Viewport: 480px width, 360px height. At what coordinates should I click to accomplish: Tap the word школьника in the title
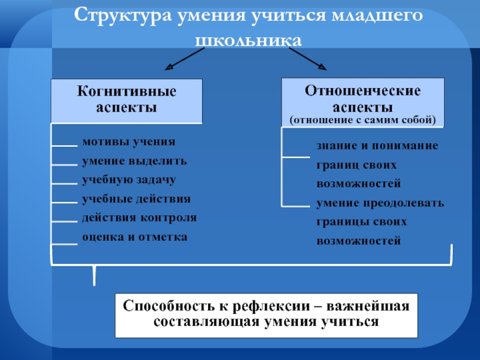pyautogui.click(x=248, y=40)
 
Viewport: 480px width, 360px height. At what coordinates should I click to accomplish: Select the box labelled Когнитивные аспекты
pyautogui.click(x=127, y=100)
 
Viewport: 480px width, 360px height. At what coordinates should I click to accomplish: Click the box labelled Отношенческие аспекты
pyautogui.click(x=363, y=102)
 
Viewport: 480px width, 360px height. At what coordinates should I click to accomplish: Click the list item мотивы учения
pyautogui.click(x=129, y=143)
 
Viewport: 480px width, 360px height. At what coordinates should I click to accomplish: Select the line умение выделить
pyautogui.click(x=134, y=161)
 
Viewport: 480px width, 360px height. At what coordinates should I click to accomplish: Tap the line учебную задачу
pyautogui.click(x=129, y=180)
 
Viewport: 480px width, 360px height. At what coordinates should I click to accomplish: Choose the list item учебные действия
pyautogui.click(x=136, y=199)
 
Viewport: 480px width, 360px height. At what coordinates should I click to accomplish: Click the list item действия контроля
pyautogui.click(x=139, y=217)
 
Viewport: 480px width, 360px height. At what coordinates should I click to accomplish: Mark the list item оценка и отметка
pyautogui.click(x=134, y=236)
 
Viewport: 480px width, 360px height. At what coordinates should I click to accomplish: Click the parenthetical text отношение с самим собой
pyautogui.click(x=362, y=119)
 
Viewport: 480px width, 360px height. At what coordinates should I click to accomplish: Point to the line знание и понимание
pyautogui.click(x=377, y=146)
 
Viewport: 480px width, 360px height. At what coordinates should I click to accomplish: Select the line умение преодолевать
pyautogui.click(x=380, y=203)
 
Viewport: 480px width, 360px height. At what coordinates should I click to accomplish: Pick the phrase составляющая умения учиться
pyautogui.click(x=266, y=322)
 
